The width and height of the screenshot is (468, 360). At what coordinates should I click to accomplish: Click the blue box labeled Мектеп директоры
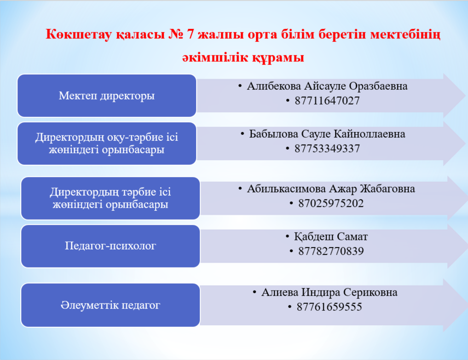107,95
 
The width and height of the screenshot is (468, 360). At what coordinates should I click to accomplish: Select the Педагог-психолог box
110,246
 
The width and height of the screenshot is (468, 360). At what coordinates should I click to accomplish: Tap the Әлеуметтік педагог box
110,305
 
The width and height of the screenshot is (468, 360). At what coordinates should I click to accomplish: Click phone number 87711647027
327,101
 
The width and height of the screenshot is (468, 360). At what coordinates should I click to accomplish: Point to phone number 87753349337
327,149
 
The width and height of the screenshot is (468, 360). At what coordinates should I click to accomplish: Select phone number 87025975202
331,203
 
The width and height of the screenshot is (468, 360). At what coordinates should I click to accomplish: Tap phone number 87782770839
331,251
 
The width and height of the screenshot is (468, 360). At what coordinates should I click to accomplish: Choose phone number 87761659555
329,307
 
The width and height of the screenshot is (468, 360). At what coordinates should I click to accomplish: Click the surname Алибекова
274,86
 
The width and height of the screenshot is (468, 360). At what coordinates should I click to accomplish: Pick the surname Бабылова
274,134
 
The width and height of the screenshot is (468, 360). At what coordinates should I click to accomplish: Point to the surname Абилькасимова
286,189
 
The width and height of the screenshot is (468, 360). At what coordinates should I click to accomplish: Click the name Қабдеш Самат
331,237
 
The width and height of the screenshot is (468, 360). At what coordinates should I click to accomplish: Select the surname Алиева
280,292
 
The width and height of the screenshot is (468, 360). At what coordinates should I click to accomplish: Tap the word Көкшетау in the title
79,35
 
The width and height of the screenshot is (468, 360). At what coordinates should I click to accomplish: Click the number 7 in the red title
191,35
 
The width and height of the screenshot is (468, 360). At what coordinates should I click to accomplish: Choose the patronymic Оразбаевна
378,86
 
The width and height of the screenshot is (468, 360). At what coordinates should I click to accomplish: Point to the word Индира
321,292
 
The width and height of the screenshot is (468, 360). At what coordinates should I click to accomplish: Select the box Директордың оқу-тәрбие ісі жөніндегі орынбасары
107,144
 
